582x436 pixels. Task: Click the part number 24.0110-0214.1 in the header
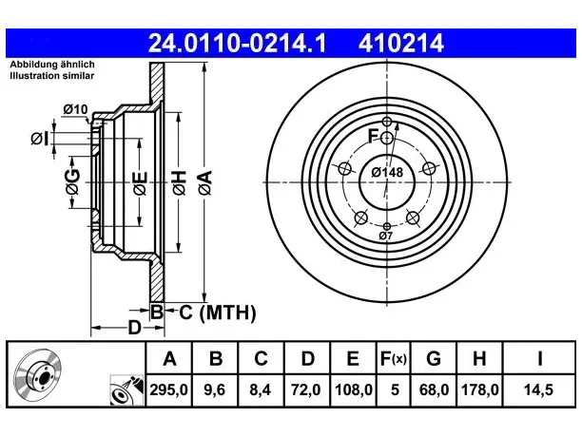pos(237,43)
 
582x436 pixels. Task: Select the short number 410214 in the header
pos(401,43)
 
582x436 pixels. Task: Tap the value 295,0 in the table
pos(169,390)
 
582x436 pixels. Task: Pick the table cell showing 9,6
pos(215,390)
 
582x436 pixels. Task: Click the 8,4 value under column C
pos(261,390)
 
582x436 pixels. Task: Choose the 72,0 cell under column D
pos(306,390)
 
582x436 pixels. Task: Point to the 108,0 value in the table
pos(353,390)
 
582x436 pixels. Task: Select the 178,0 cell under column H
pos(479,390)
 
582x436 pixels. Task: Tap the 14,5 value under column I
pos(538,390)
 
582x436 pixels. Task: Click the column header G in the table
pos(434,358)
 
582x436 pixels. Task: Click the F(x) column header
pos(394,358)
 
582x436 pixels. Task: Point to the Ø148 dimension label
pos(387,172)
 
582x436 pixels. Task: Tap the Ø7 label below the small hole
pos(386,236)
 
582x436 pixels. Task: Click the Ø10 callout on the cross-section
pos(75,109)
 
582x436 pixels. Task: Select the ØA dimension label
pos(205,182)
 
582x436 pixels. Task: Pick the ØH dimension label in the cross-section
pos(179,182)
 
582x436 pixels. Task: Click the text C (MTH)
pos(218,313)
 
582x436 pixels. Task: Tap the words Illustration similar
pos(52,76)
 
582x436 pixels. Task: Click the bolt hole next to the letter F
pos(387,139)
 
